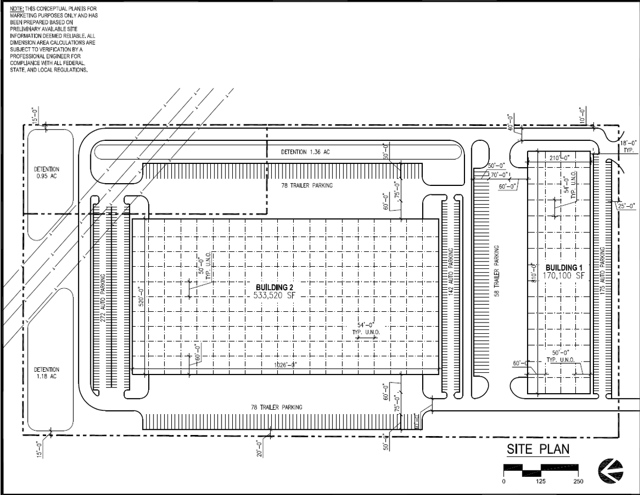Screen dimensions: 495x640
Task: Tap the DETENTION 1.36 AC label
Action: [x=306, y=152]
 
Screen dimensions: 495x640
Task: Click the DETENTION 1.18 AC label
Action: [x=47, y=373]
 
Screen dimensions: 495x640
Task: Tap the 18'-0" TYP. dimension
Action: [x=627, y=147]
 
